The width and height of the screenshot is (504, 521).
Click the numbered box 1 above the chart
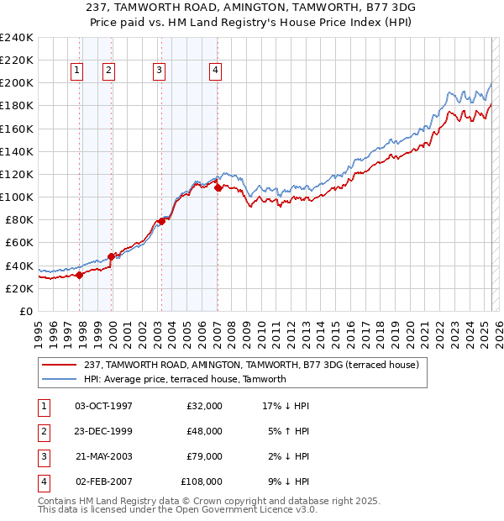coord(76,71)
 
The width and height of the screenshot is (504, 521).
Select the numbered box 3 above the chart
coord(159,71)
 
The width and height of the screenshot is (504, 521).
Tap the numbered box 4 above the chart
coord(216,71)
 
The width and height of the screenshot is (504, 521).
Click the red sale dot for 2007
coord(218,188)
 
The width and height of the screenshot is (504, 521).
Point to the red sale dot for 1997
coord(80,274)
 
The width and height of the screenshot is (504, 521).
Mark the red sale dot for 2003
coord(162,221)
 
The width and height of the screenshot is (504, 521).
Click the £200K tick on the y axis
coord(17,83)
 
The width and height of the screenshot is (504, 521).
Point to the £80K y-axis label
coord(19,219)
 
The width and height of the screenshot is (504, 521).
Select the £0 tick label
coord(25,311)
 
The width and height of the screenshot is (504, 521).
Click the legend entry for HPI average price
coord(185,379)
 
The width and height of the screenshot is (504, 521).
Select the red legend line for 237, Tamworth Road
coord(59,364)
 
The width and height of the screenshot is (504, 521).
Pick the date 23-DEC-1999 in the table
coord(103,431)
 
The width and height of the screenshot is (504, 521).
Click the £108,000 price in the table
coord(202,482)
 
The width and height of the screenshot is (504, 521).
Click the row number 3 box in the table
coord(43,457)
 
